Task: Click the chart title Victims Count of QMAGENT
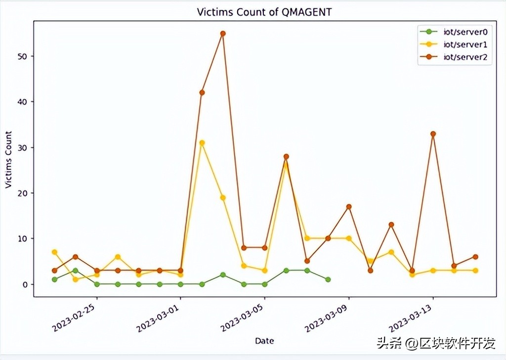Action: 264,12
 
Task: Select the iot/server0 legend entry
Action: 465,32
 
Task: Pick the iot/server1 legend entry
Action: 465,45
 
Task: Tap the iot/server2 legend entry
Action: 465,57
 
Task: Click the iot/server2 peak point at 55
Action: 223,34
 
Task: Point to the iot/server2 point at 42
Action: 202,92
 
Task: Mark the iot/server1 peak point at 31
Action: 202,143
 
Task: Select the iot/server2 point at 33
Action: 433,134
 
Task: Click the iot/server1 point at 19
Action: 223,198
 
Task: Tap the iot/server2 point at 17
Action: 349,207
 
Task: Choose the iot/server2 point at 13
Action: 391,225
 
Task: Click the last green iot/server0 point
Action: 328,279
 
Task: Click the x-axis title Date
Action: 264,341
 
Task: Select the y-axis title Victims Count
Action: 8,159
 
